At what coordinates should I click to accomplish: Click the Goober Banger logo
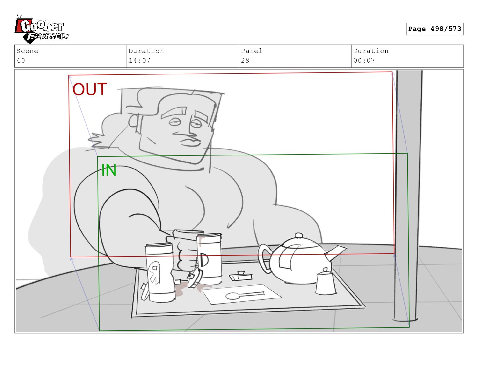(41, 29)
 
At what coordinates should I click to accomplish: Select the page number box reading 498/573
(435, 29)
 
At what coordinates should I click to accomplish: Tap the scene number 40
(21, 60)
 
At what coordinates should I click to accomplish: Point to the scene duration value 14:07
(139, 60)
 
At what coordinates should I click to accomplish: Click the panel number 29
(245, 60)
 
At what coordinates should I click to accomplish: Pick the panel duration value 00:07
(364, 60)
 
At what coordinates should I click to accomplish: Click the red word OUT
(90, 89)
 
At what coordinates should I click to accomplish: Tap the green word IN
(109, 170)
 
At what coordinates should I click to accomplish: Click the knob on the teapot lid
(299, 235)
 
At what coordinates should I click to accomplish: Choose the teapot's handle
(265, 258)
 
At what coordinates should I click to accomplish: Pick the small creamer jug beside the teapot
(326, 282)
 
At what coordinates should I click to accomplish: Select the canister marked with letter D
(209, 259)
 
